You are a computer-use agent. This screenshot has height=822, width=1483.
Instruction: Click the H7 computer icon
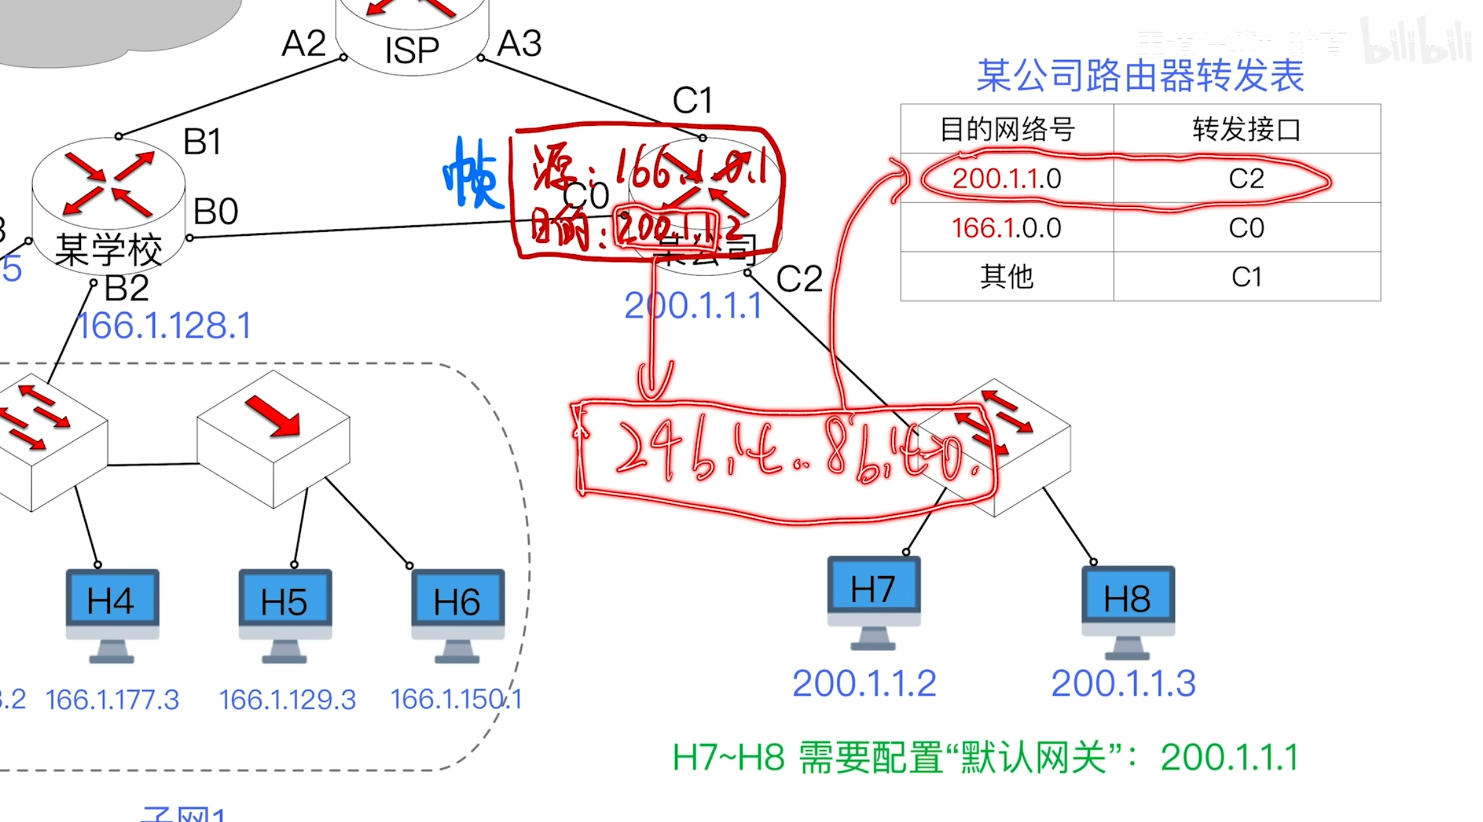(x=873, y=601)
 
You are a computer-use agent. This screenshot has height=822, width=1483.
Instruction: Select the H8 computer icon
(x=1127, y=610)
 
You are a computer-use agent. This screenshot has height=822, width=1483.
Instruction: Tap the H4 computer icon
(x=112, y=614)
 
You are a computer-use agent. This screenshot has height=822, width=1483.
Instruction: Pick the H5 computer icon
(x=284, y=614)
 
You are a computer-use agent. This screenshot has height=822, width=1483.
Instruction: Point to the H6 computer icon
(x=458, y=614)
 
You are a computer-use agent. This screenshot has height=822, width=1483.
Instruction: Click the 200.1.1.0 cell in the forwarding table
(x=1006, y=178)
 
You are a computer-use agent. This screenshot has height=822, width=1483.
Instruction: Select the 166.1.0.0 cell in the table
(x=1006, y=228)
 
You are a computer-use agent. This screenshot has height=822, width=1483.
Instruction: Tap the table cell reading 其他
(x=1006, y=277)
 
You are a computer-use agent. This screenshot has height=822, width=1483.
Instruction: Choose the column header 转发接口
(x=1246, y=129)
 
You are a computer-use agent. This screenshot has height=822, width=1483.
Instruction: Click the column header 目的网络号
(x=1006, y=129)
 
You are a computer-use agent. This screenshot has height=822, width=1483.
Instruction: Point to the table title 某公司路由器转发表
(x=1140, y=76)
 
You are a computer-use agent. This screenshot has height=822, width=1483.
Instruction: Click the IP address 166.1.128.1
(x=164, y=326)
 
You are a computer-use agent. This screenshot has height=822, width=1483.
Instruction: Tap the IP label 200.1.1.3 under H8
(x=1123, y=683)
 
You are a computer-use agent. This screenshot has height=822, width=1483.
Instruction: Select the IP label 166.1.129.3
(x=287, y=699)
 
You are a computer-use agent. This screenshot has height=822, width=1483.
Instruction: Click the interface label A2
(x=304, y=44)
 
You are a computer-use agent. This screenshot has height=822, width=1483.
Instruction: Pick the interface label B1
(x=202, y=142)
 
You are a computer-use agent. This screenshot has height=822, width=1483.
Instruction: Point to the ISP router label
(x=412, y=50)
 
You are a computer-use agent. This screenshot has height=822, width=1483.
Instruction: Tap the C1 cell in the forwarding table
(x=1246, y=277)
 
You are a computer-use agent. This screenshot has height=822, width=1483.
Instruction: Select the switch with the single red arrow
(x=273, y=438)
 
